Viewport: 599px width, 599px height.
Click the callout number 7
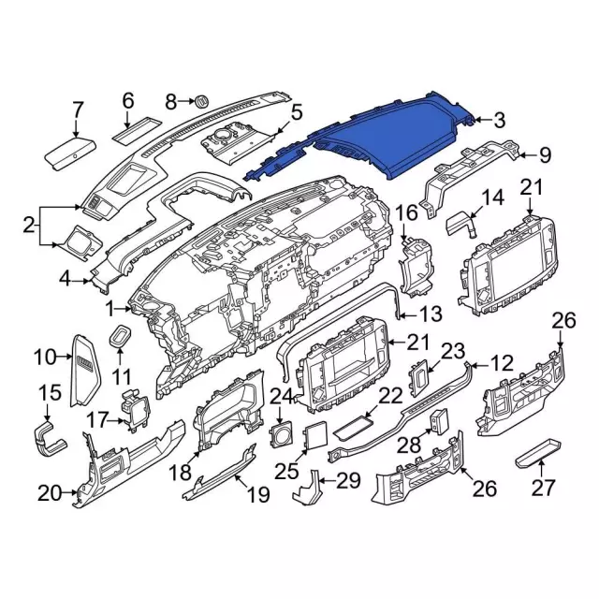[78, 110]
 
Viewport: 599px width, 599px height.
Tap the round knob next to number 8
[200, 100]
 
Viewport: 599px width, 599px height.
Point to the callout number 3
[499, 119]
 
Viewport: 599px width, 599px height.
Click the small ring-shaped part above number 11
[122, 336]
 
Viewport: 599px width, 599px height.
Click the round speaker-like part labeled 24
[278, 432]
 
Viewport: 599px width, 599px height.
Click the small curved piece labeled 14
[460, 225]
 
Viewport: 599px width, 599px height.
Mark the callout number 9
[545, 154]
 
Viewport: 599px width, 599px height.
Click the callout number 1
[111, 306]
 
